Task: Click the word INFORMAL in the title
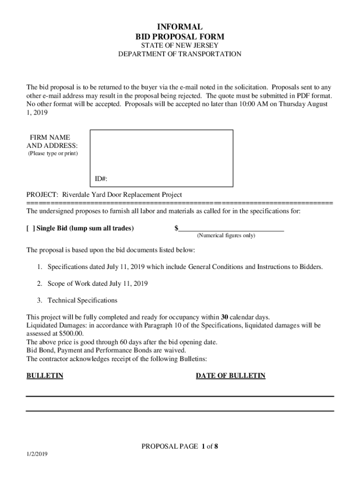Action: click(x=180, y=27)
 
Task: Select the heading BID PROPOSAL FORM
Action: click(x=180, y=36)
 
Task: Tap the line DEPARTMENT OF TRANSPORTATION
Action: click(x=180, y=54)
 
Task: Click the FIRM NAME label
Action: click(x=50, y=138)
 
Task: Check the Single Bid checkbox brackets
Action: click(x=30, y=228)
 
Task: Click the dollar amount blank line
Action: click(x=231, y=228)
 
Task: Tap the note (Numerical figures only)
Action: click(x=226, y=236)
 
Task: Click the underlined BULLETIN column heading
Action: click(x=45, y=376)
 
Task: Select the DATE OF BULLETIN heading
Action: click(x=230, y=376)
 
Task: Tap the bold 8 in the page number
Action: click(x=216, y=446)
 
